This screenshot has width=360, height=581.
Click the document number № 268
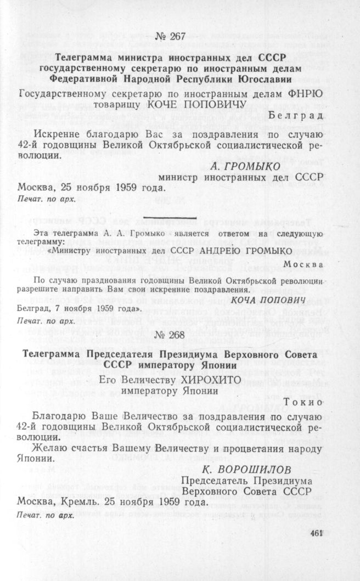click(x=175, y=334)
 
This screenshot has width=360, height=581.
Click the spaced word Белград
click(x=297, y=114)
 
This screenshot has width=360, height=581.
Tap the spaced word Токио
click(x=305, y=401)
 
